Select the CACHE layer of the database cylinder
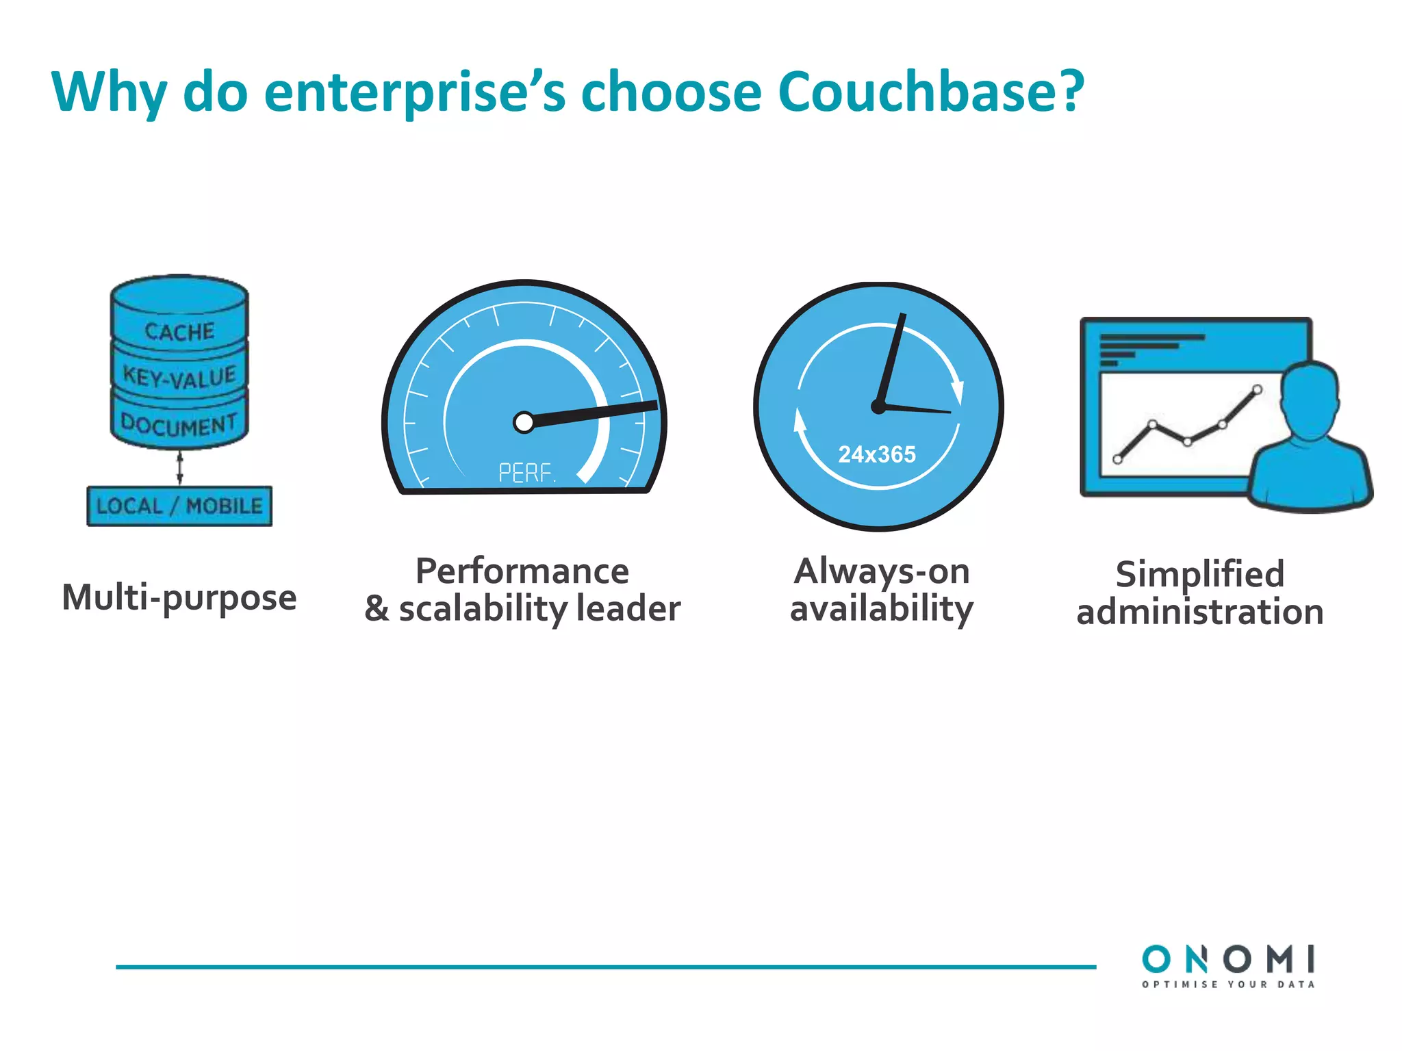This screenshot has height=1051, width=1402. pyautogui.click(x=179, y=331)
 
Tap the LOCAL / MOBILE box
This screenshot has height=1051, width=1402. pyautogui.click(x=179, y=506)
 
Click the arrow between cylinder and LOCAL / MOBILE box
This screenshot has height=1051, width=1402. pyautogui.click(x=179, y=467)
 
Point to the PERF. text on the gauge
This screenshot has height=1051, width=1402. pyautogui.click(x=526, y=473)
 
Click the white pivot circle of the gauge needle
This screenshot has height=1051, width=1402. pyautogui.click(x=524, y=422)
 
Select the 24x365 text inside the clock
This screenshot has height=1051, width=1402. pyautogui.click(x=877, y=454)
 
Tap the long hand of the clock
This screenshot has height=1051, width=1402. pyautogui.click(x=893, y=359)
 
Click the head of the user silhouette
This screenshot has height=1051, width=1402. pyautogui.click(x=1309, y=397)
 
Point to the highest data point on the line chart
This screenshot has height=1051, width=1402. pyautogui.click(x=1257, y=390)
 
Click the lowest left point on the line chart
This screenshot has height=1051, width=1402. pyautogui.click(x=1118, y=459)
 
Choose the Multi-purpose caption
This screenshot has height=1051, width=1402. pyautogui.click(x=179, y=597)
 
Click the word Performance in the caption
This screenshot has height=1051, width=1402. pyautogui.click(x=522, y=571)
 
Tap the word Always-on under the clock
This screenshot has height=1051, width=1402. pyautogui.click(x=882, y=571)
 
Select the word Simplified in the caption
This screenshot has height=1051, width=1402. pyautogui.click(x=1199, y=574)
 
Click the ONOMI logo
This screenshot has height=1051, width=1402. pyautogui.click(x=1228, y=959)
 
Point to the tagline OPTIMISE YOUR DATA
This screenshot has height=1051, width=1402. pyautogui.click(x=1228, y=985)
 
